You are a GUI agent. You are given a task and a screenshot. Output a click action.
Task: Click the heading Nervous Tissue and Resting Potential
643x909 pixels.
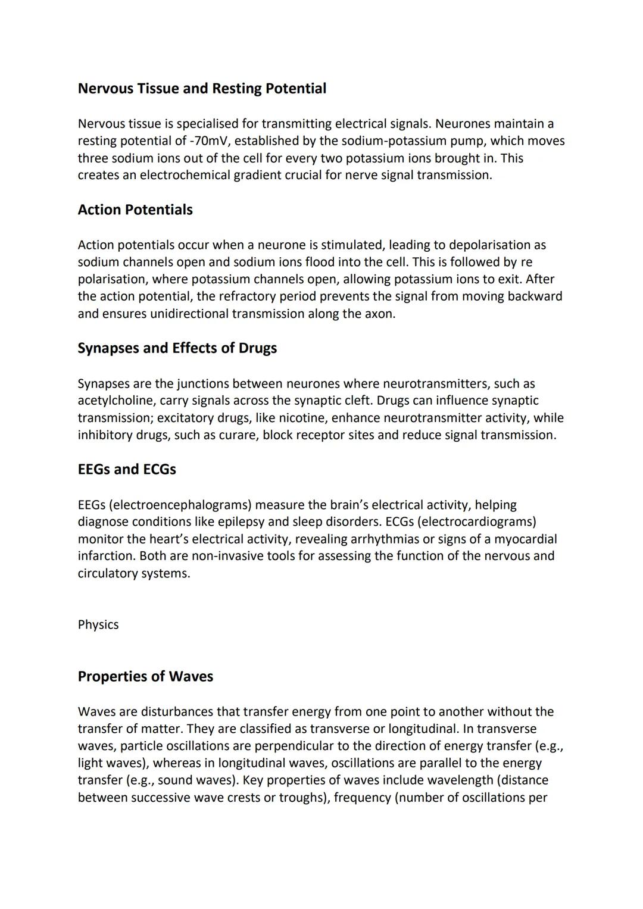(202, 89)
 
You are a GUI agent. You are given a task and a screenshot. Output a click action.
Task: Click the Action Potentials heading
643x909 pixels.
(135, 210)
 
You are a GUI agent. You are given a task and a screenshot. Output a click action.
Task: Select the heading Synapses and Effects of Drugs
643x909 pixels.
(177, 348)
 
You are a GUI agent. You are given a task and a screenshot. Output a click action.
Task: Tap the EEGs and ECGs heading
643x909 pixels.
(127, 470)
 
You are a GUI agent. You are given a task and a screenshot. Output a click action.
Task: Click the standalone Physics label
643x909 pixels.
(98, 625)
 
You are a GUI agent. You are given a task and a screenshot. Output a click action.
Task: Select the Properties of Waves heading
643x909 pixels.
(145, 677)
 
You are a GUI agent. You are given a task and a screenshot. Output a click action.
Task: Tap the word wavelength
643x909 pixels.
(464, 780)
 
